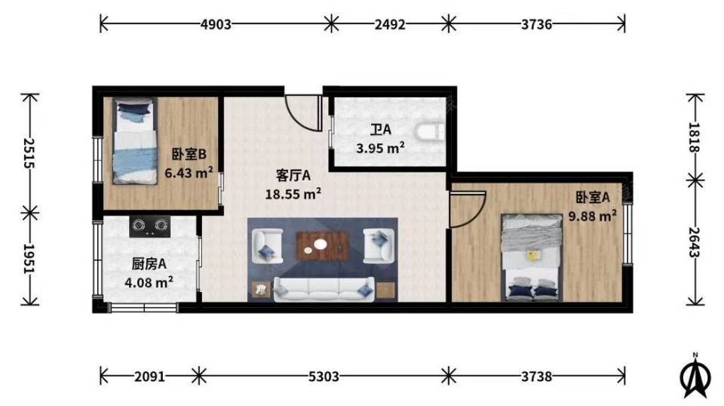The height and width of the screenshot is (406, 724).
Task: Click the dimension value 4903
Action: coord(216,24)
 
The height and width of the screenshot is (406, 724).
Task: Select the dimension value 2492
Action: coord(390,24)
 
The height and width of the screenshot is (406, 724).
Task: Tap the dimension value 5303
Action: coord(324,377)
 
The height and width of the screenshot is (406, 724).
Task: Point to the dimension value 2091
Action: coord(149,377)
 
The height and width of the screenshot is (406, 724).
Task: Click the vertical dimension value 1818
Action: coord(695,137)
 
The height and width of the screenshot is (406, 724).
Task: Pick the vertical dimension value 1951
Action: coord(29,259)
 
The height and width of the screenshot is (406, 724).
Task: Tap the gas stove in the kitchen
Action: coord(149,227)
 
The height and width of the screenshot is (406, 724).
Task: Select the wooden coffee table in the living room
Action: coord(322,246)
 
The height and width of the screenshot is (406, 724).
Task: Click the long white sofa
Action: coord(324,289)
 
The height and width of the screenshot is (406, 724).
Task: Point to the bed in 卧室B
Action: coord(134,141)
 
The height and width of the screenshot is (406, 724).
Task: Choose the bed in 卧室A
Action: coord(532,257)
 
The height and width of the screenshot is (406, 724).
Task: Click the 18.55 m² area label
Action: coord(293,194)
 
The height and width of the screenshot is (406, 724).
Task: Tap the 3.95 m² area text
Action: coord(380,148)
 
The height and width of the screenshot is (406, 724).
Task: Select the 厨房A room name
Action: coord(149,264)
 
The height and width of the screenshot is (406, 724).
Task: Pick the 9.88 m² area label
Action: coord(593,216)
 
